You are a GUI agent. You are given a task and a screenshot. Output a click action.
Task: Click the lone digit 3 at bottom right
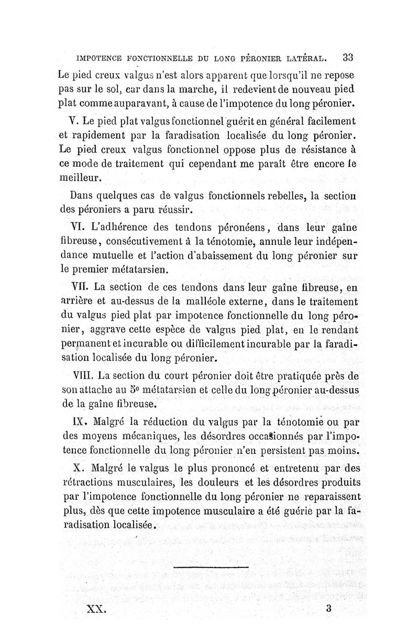point(328,608)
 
